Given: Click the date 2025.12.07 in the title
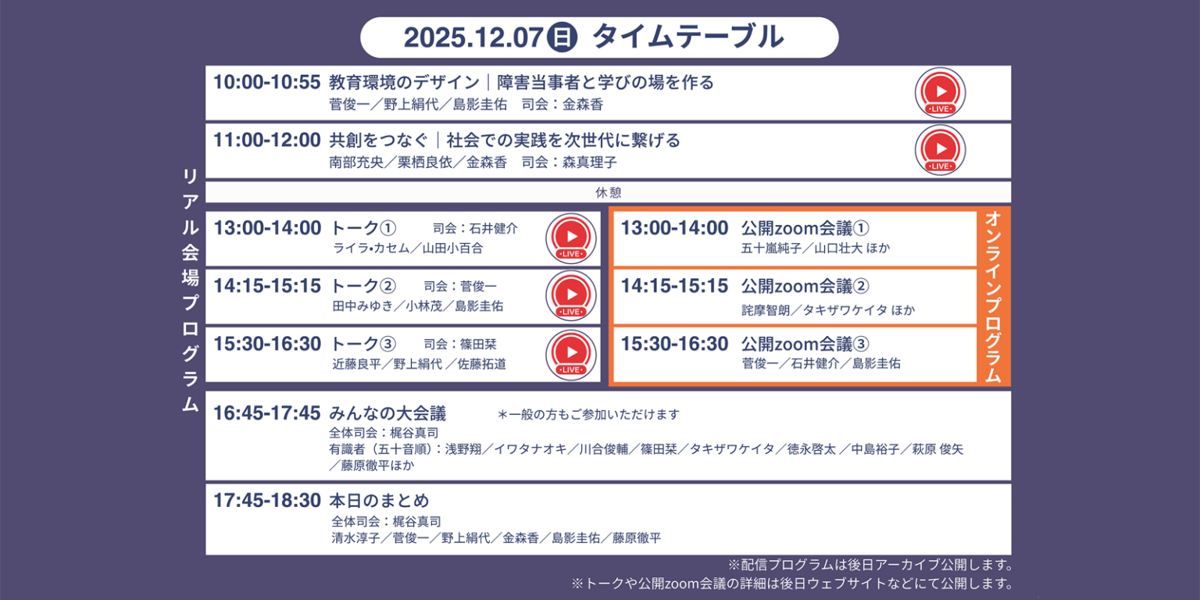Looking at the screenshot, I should [473, 37].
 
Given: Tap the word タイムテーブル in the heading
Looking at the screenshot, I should [687, 37].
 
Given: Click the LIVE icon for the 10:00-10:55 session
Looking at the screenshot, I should [940, 92].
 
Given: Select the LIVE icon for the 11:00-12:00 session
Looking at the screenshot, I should [940, 150].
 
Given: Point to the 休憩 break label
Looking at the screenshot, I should [608, 192].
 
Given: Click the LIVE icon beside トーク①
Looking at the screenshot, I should [571, 238].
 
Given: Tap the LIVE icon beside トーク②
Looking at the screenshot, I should [571, 296].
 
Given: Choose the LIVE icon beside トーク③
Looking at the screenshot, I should [571, 354].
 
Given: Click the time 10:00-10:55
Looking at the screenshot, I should [266, 82].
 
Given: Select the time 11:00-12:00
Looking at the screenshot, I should [266, 141].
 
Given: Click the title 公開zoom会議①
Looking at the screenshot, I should [805, 228].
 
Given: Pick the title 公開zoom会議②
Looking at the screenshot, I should [805, 286].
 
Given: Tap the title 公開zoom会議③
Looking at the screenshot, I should [805, 344].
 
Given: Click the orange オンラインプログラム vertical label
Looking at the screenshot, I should [993, 296].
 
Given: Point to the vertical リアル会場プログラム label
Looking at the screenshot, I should [190, 289].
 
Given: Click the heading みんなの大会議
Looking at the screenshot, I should [387, 413].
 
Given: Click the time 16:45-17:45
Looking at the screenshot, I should [266, 413].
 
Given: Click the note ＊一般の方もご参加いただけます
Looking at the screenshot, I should [588, 415].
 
